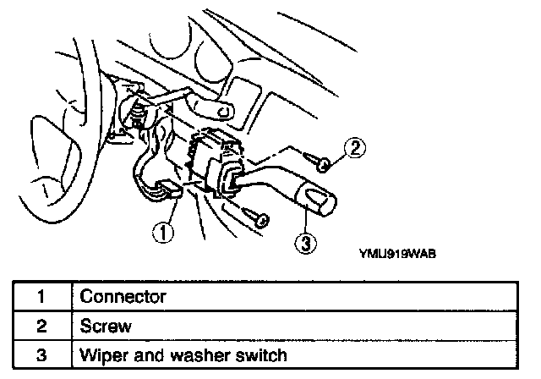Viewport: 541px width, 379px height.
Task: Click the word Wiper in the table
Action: click(x=99, y=353)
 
